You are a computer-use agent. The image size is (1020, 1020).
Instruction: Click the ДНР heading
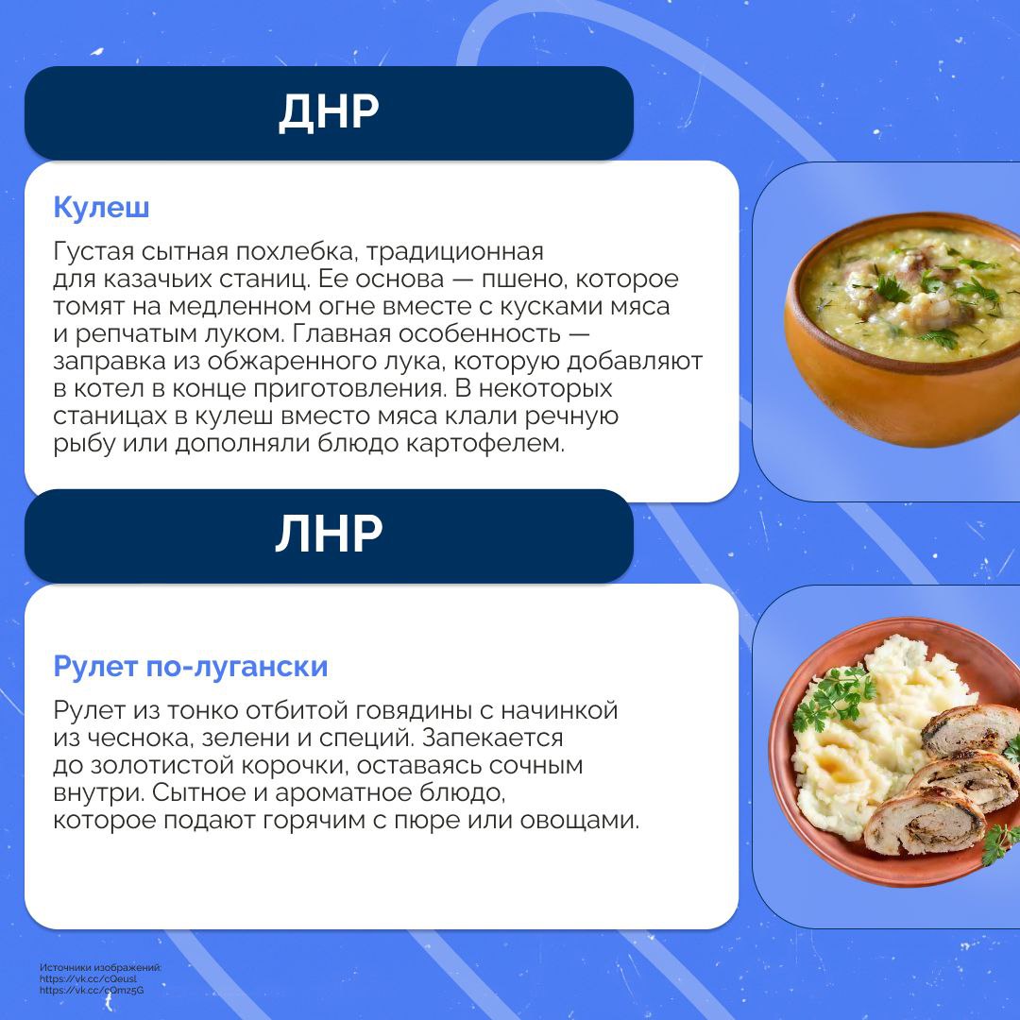point(329,112)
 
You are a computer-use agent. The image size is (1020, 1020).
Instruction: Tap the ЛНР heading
point(329,534)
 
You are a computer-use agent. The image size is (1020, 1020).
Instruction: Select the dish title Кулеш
point(101,208)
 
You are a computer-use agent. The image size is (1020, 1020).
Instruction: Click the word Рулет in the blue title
point(95,667)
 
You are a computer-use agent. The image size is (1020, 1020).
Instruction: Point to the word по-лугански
point(237,667)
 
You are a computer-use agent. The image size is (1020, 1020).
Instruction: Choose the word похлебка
point(296,252)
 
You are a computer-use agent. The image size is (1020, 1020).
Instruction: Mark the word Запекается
point(492,739)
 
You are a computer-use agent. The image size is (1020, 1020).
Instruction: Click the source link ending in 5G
point(92,991)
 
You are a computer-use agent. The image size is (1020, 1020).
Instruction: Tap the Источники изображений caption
point(100,967)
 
